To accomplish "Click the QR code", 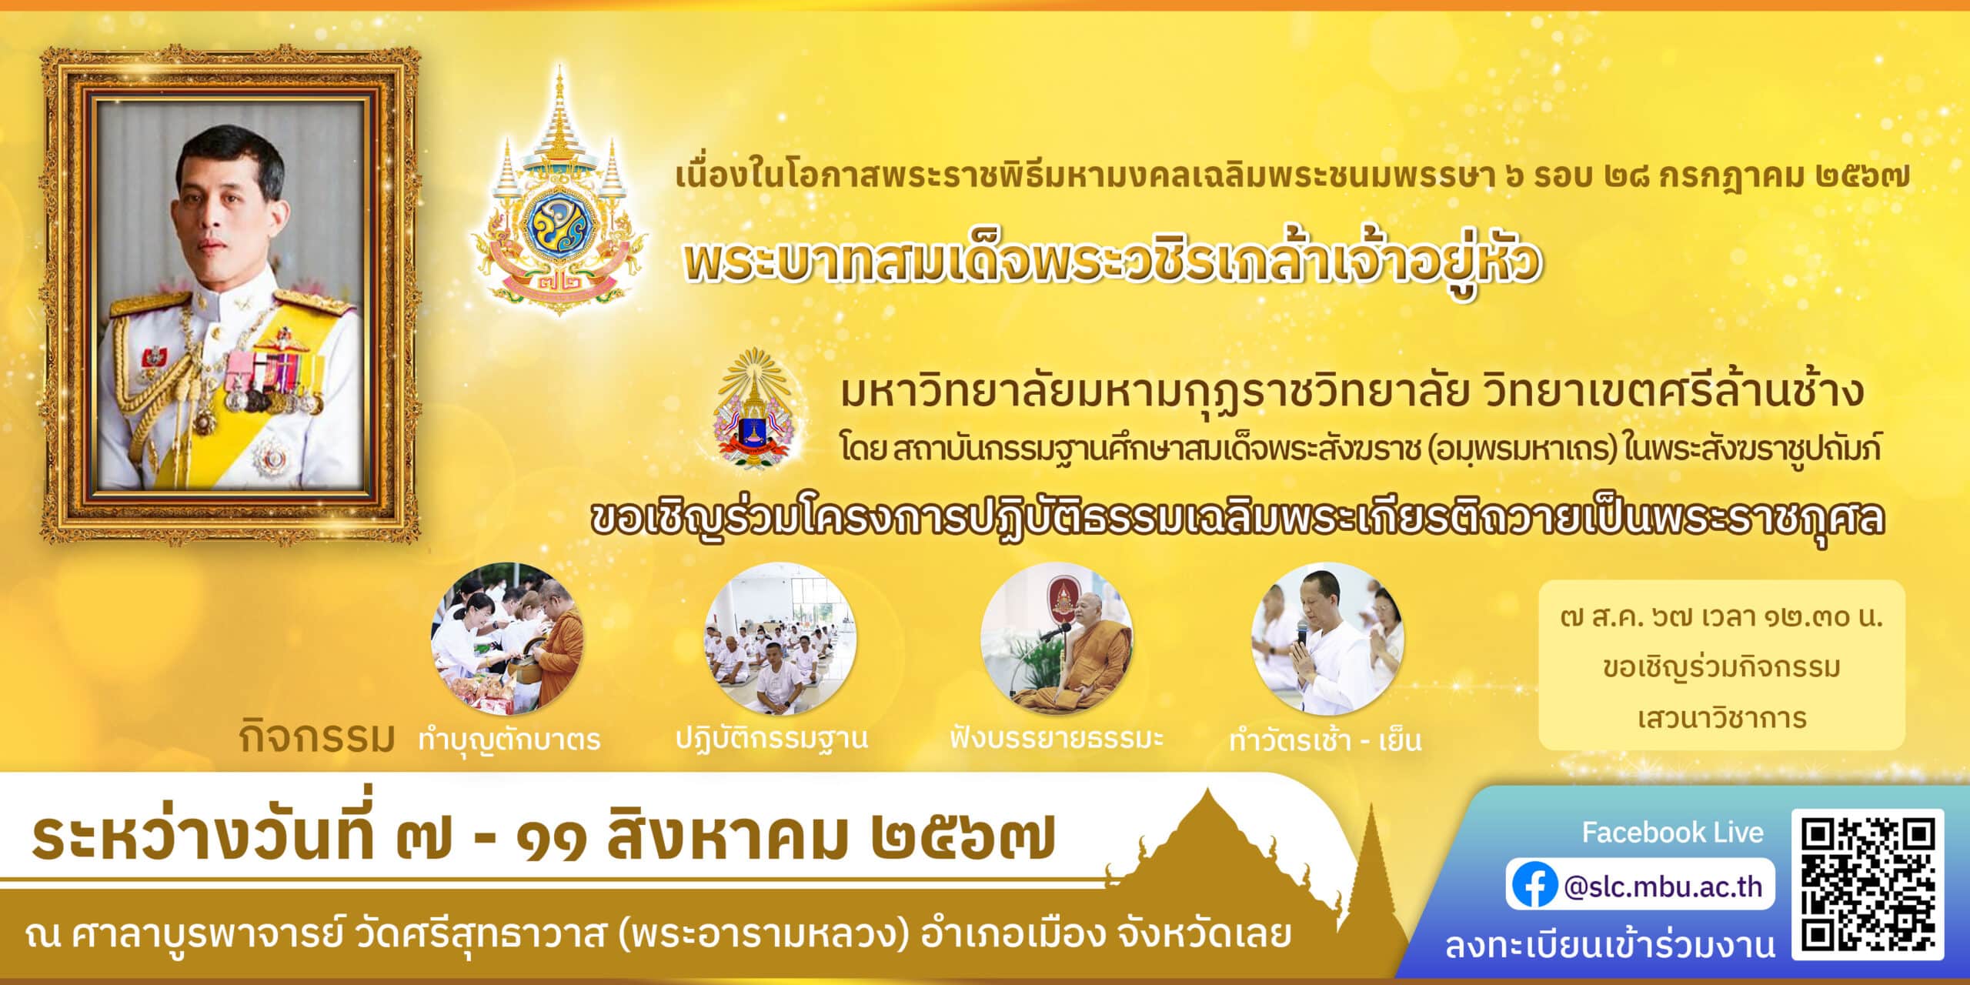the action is click(1868, 884).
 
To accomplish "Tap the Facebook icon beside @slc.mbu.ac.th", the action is click(1534, 886).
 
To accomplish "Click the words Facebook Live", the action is click(1672, 832).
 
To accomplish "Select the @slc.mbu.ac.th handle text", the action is click(1663, 886).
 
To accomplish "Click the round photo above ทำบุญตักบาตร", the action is click(508, 638).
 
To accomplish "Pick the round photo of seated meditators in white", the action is click(780, 638).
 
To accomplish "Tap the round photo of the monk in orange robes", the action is click(1056, 638).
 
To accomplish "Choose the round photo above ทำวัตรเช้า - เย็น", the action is click(1328, 638).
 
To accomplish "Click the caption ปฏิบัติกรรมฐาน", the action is click(772, 738).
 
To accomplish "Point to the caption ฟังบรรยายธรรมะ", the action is click(1056, 738).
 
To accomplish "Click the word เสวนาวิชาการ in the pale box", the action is click(1722, 717).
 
